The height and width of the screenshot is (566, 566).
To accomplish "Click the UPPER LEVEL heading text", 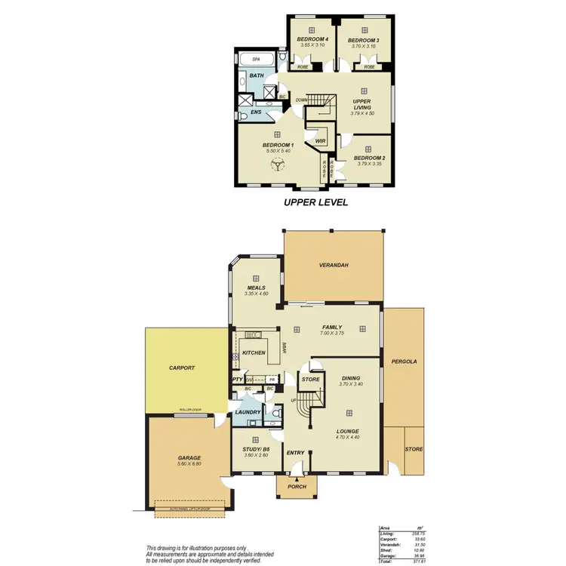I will pos(315,202).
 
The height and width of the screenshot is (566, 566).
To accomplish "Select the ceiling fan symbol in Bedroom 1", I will pos(278,165).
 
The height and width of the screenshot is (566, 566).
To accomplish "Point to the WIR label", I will pos(320,141).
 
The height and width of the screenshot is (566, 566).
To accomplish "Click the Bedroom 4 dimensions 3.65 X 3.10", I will pos(311,45).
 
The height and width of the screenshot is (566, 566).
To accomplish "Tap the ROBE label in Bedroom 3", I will pos(369,67).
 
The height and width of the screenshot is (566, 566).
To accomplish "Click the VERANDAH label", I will pos(334,265).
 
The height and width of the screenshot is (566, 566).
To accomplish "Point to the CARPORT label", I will pos(182,368).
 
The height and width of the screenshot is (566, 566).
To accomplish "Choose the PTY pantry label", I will pos(237,380).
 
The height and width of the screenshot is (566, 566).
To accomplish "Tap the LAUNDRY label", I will pos(248,412).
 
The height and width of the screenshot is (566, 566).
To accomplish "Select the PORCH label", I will pos(297,488).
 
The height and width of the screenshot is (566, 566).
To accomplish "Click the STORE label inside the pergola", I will pos(414,449).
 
